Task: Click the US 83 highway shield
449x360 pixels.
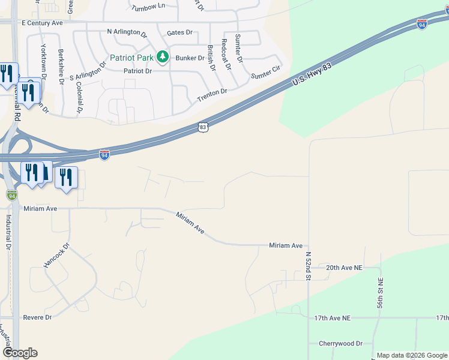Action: (x=203, y=127)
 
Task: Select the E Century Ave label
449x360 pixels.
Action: (x=42, y=23)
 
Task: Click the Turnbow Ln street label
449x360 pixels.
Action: (x=148, y=6)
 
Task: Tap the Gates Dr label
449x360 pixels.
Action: (x=179, y=32)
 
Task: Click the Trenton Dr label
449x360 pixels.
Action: (x=212, y=92)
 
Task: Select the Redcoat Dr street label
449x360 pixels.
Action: (x=226, y=55)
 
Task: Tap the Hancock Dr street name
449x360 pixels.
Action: (x=57, y=255)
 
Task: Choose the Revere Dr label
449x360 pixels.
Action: (x=37, y=317)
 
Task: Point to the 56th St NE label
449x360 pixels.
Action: (x=381, y=294)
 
